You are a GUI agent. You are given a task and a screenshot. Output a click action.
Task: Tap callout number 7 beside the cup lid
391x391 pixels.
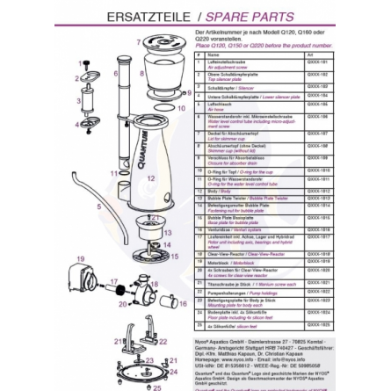coord(140,41)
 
